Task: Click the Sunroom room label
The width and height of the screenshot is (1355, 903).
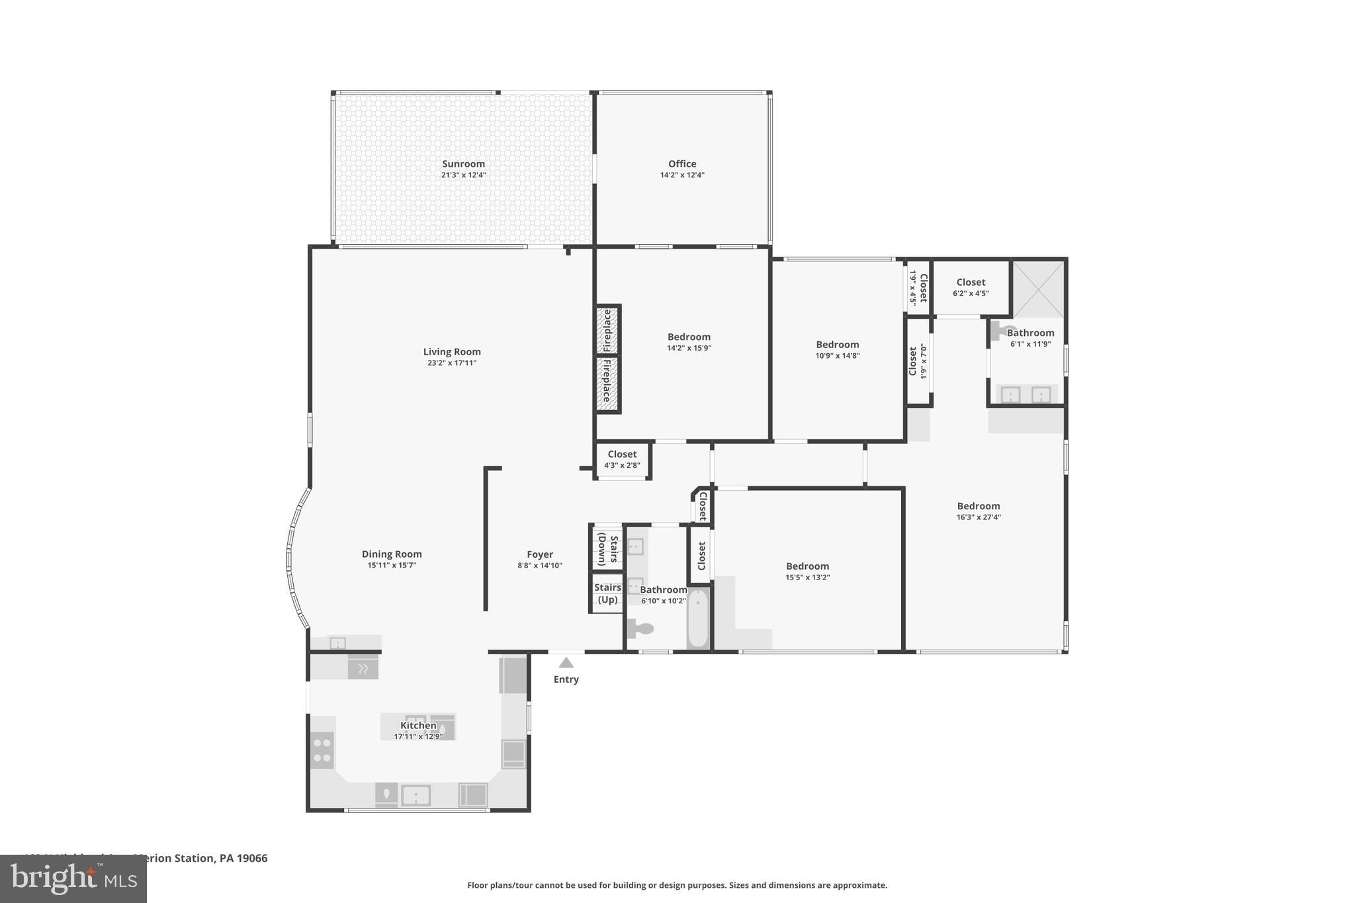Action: (463, 164)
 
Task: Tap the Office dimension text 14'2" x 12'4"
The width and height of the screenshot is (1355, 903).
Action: (681, 175)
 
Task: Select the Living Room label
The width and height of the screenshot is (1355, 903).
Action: (452, 352)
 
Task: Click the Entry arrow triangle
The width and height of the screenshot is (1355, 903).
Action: (566, 663)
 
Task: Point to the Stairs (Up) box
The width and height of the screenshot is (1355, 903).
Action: (607, 593)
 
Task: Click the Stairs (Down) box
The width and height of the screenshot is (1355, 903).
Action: (607, 548)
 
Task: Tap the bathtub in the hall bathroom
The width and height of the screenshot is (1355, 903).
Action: (698, 619)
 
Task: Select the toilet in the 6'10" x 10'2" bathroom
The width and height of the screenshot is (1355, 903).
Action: (640, 628)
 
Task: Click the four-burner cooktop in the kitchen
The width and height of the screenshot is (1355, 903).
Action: (322, 750)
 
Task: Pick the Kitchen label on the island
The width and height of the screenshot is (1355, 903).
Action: (418, 725)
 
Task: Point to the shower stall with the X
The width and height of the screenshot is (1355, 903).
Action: (1039, 288)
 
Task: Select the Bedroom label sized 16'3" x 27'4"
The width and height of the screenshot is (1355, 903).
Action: (978, 506)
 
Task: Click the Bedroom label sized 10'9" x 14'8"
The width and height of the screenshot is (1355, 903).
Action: (837, 345)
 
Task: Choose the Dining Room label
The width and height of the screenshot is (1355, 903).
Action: (392, 554)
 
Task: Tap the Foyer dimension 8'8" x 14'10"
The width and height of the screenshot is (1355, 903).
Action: (540, 566)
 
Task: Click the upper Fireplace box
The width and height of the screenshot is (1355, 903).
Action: (607, 330)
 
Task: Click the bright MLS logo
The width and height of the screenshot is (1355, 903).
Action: (73, 879)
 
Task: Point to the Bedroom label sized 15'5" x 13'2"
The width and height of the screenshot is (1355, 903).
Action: (807, 566)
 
